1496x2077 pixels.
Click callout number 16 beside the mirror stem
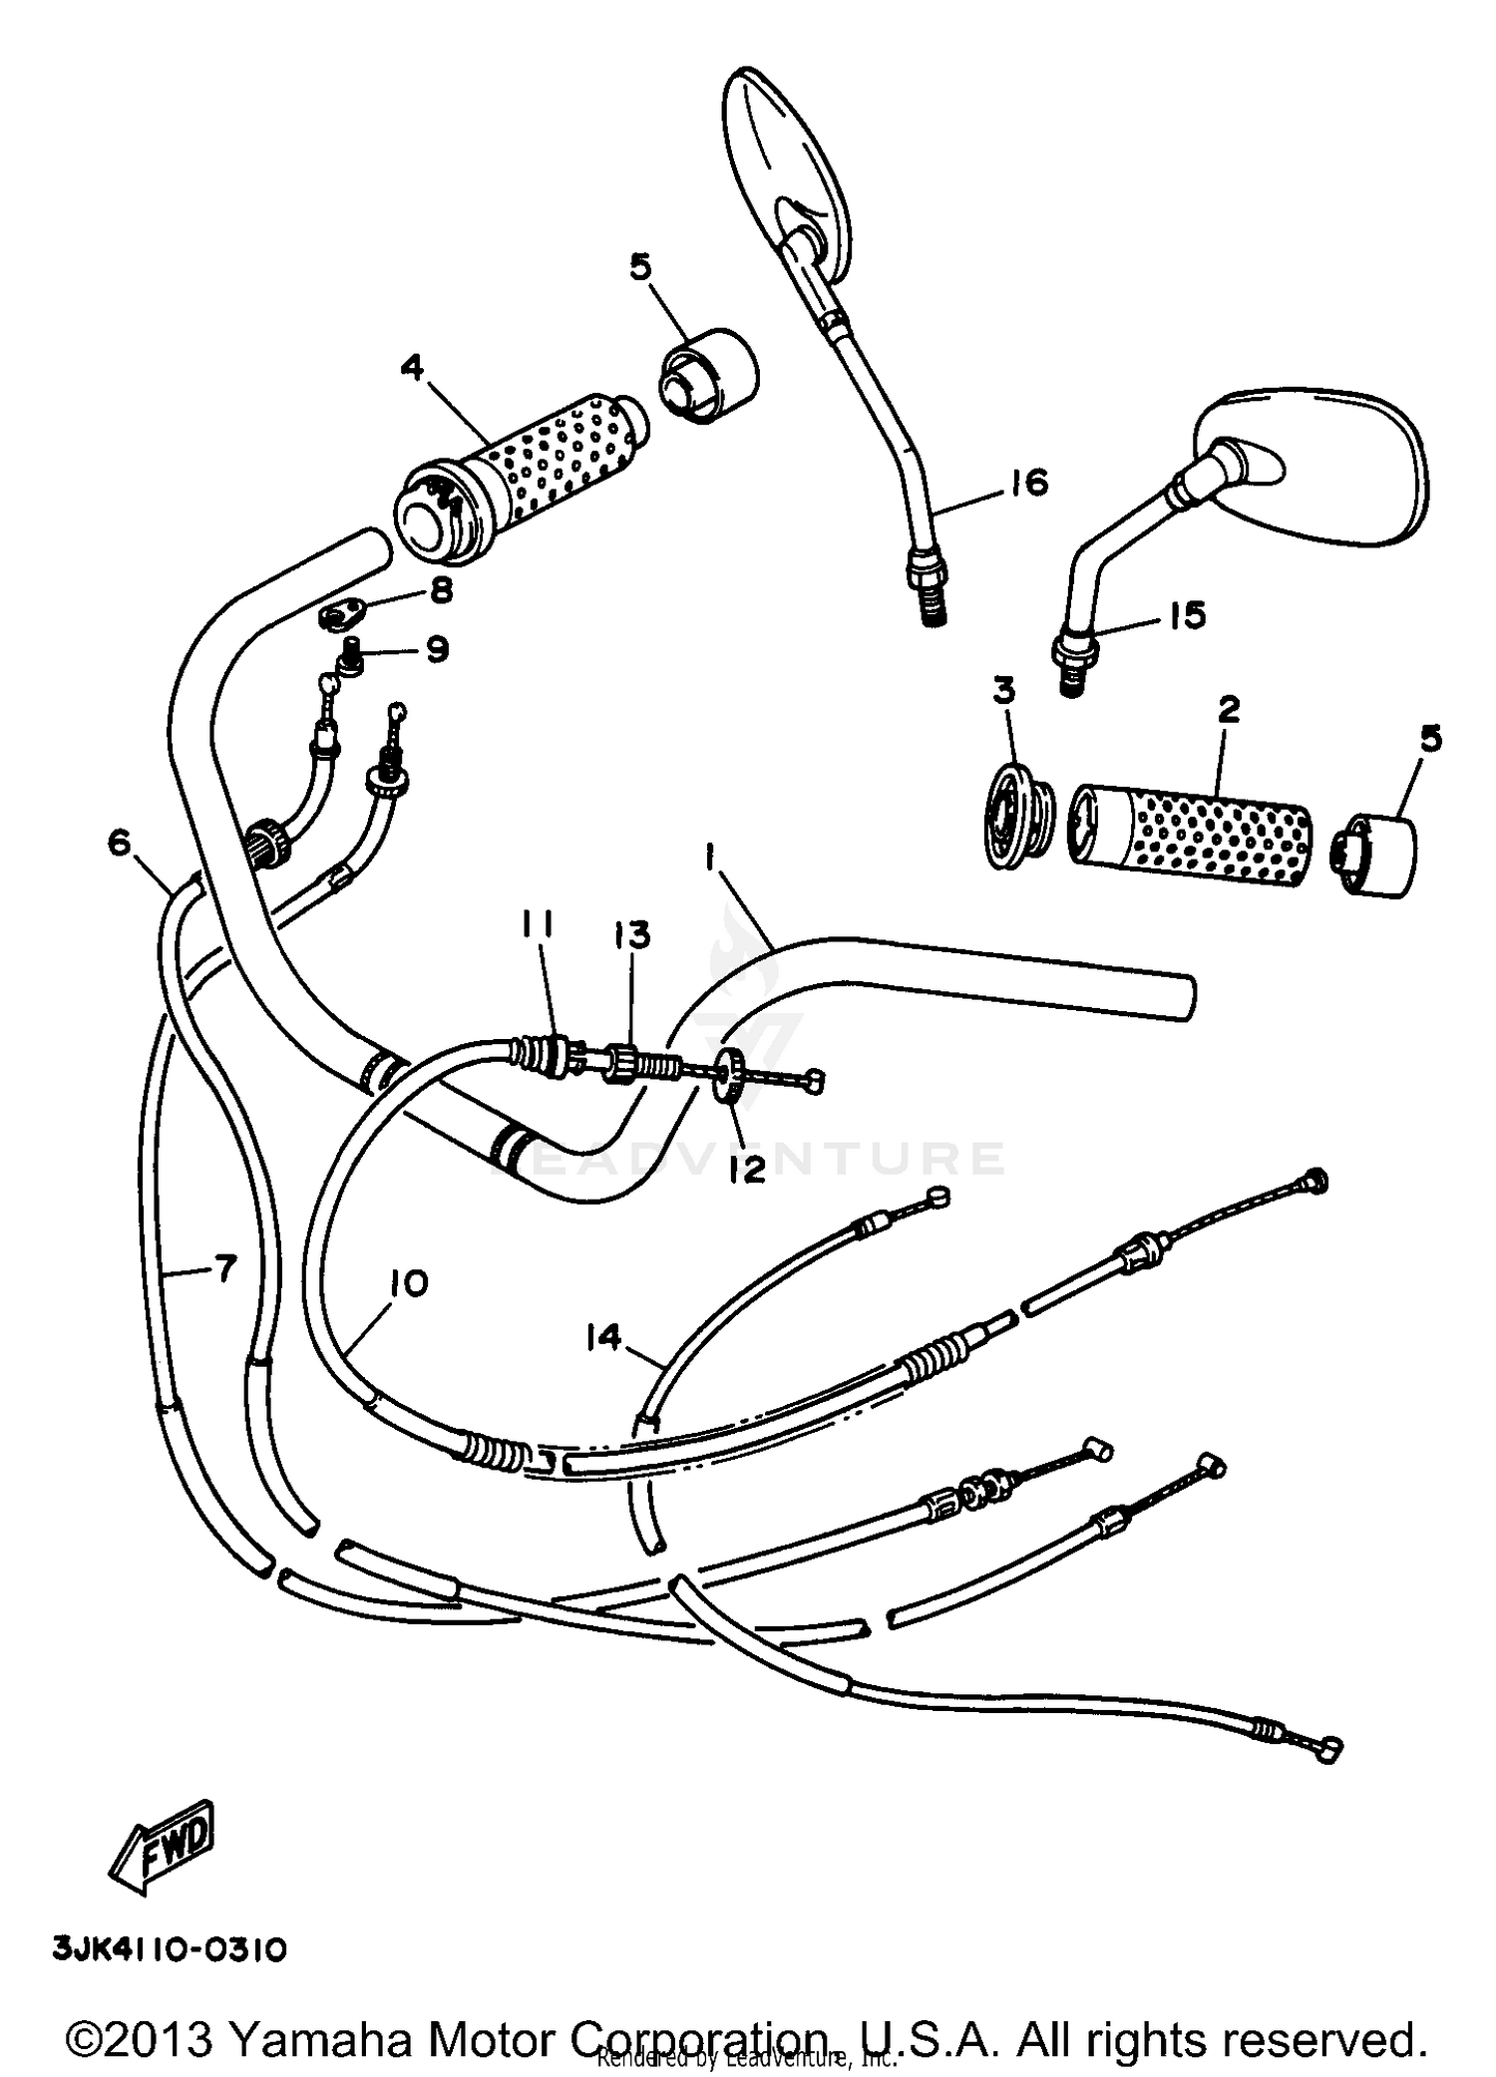(x=1028, y=484)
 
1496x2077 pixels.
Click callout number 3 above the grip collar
(x=1003, y=691)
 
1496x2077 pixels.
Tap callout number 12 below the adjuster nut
(x=745, y=1169)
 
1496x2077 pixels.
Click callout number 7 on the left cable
(x=225, y=1269)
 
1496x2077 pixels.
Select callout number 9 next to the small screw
(x=436, y=651)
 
